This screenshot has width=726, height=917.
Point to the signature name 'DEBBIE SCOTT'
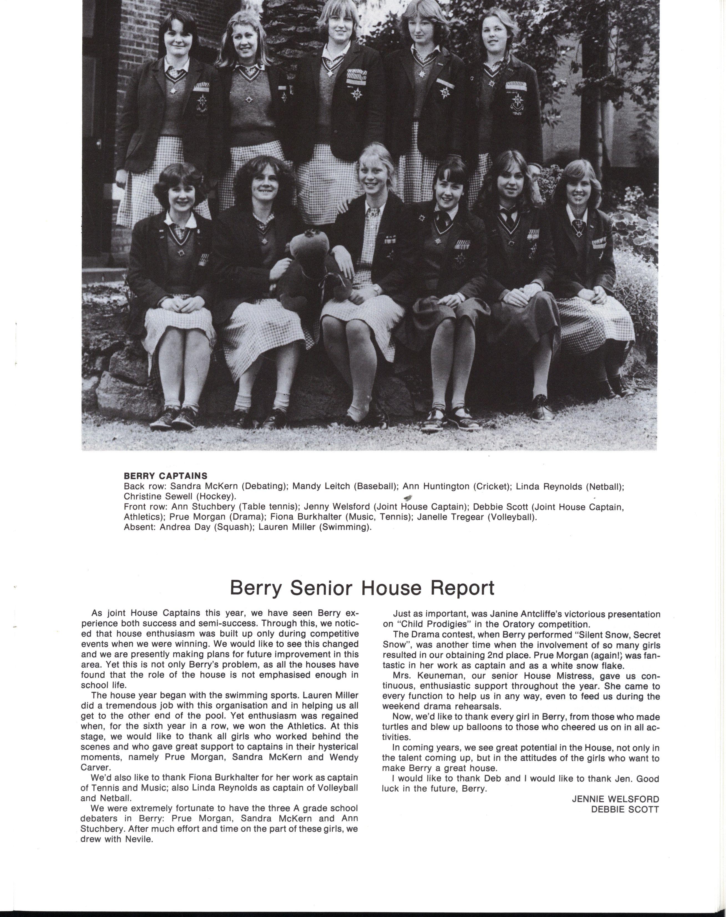[x=625, y=809]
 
